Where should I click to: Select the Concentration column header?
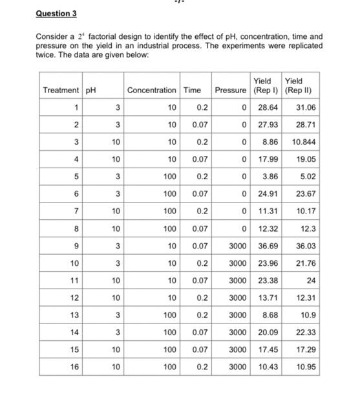(x=152, y=90)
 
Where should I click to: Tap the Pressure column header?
(x=231, y=90)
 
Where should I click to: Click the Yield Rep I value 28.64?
(x=267, y=107)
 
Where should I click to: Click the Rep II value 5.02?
(x=306, y=175)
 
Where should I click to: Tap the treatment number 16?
(x=75, y=367)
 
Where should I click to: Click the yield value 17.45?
(x=267, y=349)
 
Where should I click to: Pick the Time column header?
(x=192, y=90)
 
